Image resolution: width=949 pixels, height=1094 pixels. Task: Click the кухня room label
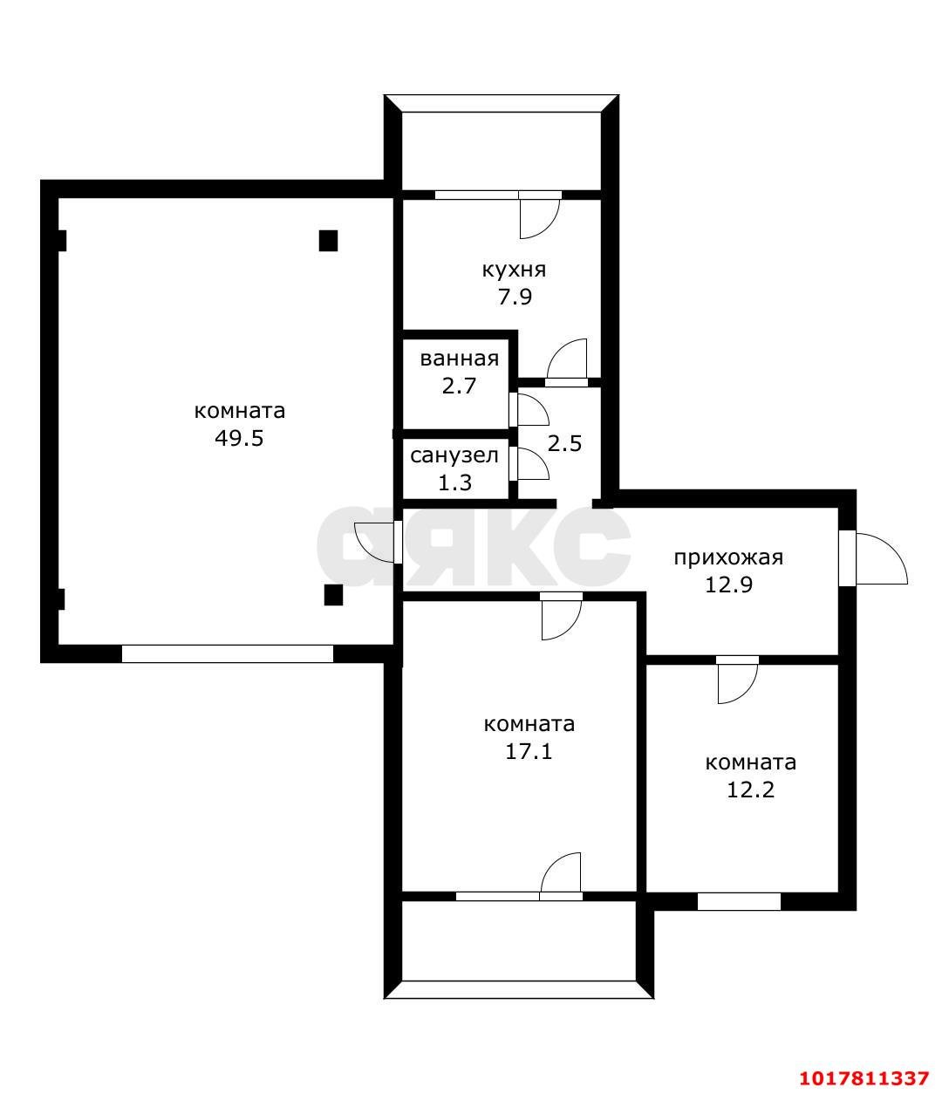tap(514, 270)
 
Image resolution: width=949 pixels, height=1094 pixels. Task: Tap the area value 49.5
tap(240, 439)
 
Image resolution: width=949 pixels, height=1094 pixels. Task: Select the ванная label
tap(460, 359)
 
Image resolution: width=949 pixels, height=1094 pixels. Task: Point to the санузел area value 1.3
tap(455, 483)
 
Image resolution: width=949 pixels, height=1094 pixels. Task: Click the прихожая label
tap(728, 558)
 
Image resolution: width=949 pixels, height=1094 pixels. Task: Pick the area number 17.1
tap(529, 752)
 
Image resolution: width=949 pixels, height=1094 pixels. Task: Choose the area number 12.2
tap(751, 790)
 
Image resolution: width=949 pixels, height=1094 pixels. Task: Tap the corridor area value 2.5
tap(564, 444)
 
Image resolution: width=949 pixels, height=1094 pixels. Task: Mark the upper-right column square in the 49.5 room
tap(328, 241)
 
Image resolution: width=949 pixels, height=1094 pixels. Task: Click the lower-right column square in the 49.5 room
tap(333, 595)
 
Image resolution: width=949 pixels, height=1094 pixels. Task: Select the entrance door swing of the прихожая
tap(881, 558)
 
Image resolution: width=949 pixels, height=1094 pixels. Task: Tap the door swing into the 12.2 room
tap(738, 684)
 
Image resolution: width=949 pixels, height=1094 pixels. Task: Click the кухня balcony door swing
tap(540, 219)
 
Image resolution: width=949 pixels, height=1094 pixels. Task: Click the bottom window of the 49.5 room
tap(228, 654)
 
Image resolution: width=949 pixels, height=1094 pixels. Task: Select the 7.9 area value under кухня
tap(515, 297)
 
